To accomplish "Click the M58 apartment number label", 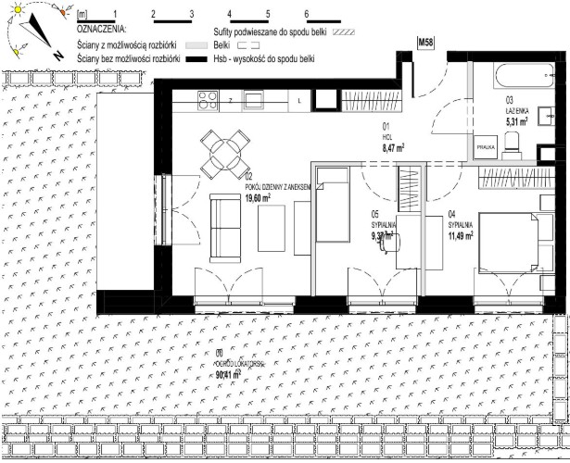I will (426, 43).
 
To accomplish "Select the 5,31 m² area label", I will (516, 120).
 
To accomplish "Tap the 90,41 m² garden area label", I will (223, 375).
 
